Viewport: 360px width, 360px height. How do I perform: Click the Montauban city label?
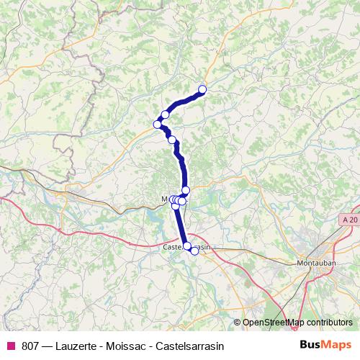coord(315,264)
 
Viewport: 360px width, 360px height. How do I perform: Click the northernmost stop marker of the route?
coord(202,89)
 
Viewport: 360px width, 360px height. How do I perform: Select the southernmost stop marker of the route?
coord(194,251)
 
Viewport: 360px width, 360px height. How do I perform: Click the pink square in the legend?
coord(11,345)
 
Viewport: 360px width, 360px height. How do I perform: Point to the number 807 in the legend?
coord(31,345)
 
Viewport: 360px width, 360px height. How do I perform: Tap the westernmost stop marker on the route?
coord(158,125)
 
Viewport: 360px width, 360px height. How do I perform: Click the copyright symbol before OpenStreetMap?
coord(238,322)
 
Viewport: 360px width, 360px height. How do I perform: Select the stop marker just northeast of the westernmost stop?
coord(165,114)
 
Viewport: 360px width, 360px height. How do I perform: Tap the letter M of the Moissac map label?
coord(164,199)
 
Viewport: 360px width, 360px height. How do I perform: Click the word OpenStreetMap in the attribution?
coord(274,322)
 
